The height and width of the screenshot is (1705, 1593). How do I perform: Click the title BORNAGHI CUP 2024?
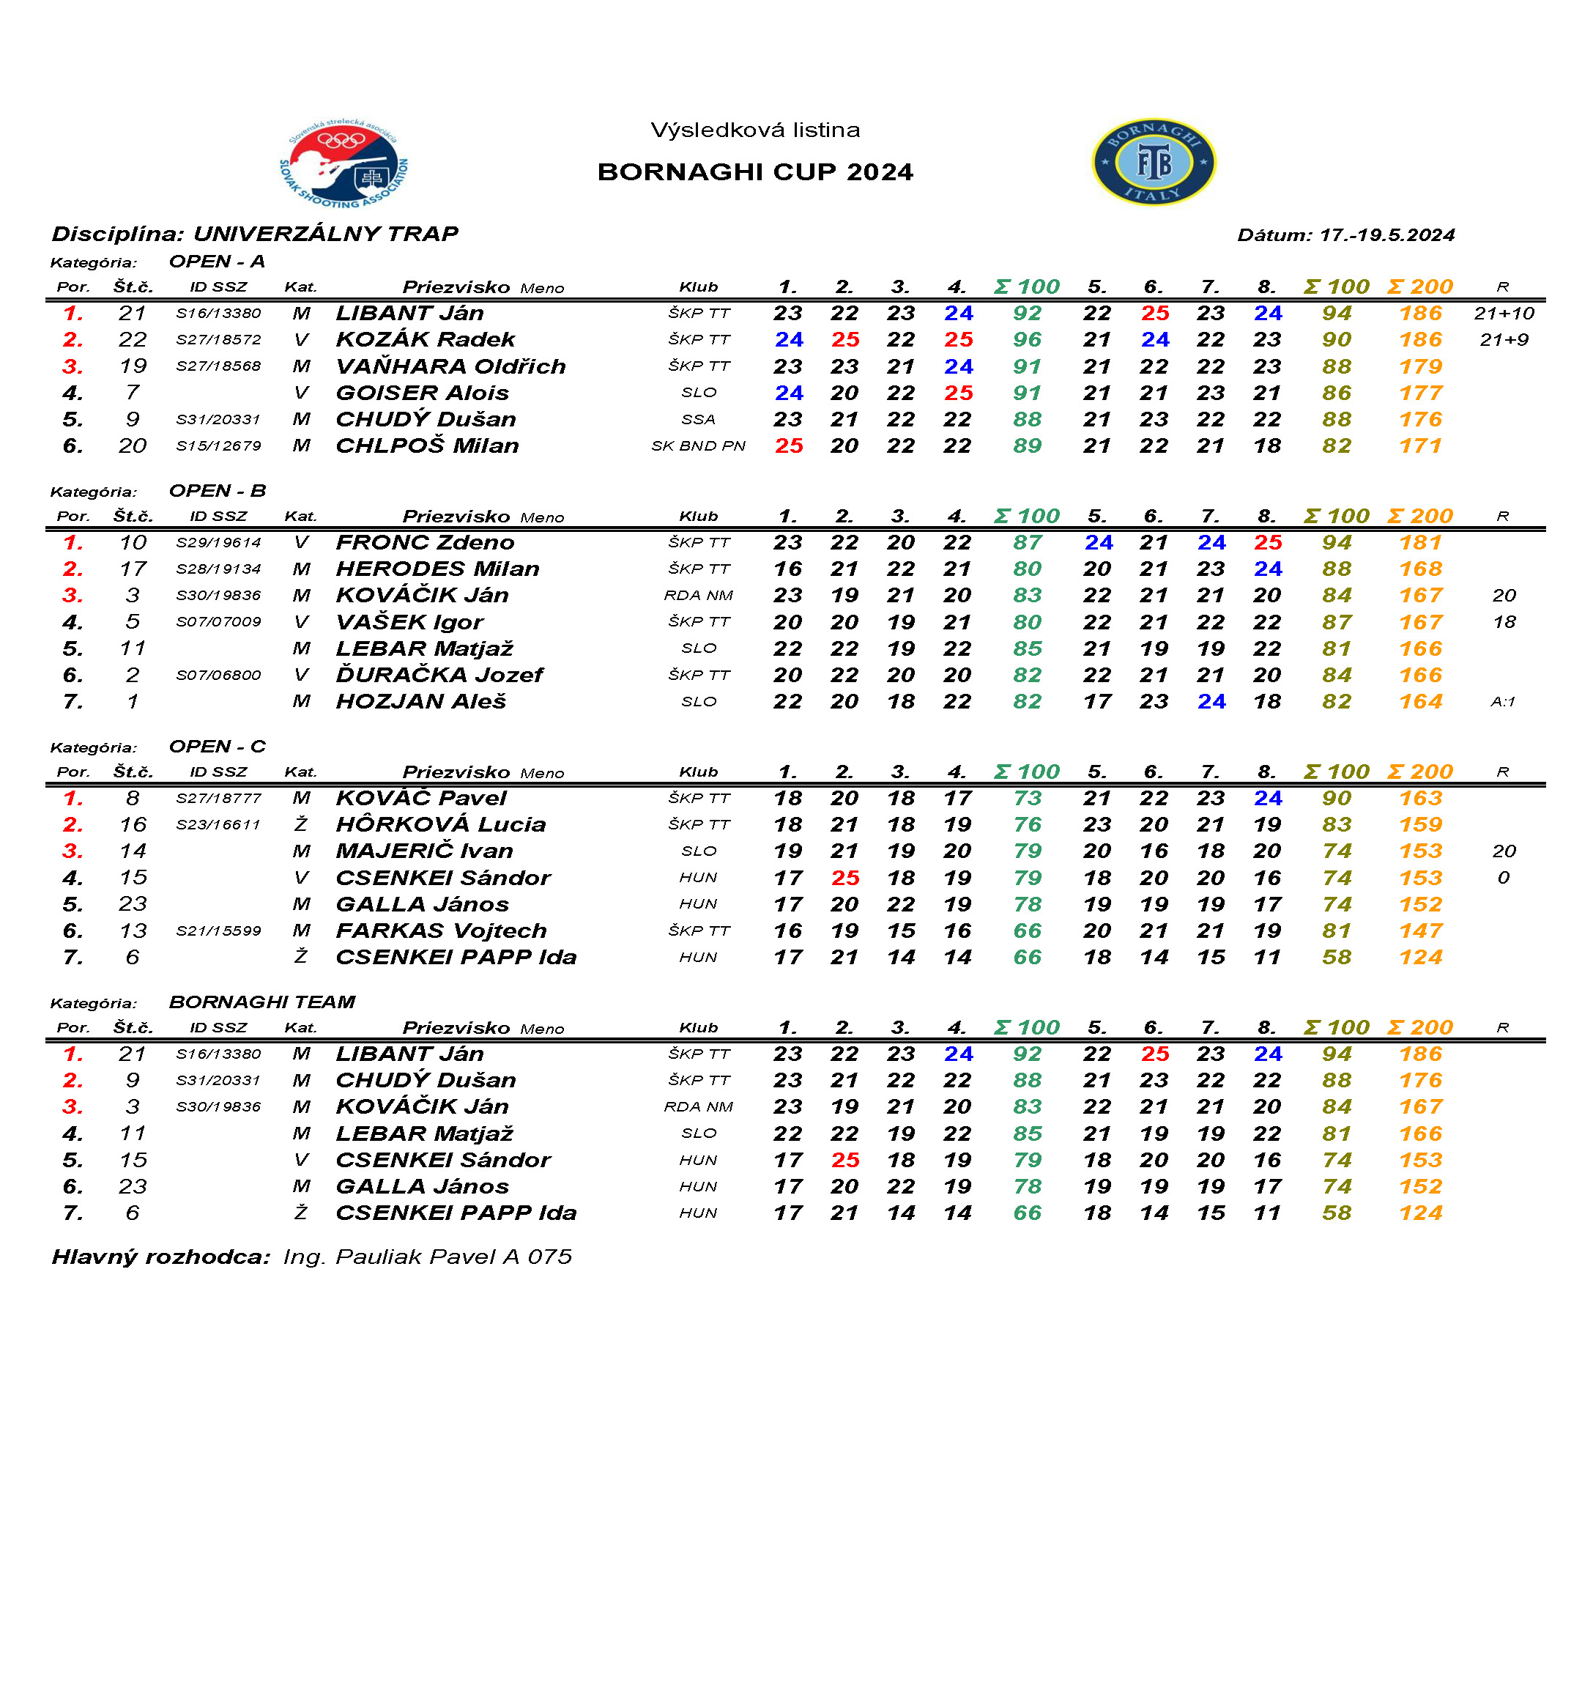(754, 171)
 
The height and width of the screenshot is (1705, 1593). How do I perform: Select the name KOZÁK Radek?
(426, 340)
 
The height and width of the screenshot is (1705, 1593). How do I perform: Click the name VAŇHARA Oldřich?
(451, 366)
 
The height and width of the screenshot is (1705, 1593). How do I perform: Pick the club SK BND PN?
(698, 446)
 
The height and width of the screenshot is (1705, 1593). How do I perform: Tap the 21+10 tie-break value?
(1504, 313)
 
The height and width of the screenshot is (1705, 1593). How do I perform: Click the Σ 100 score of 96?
(1026, 340)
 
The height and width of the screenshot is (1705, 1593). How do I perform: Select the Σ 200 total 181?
(1420, 543)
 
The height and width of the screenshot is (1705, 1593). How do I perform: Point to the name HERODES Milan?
(437, 569)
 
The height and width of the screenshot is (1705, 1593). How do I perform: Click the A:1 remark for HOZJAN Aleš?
(1502, 701)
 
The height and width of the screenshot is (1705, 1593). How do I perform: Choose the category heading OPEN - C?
(217, 746)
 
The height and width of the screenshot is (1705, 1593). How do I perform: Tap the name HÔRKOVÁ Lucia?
(441, 824)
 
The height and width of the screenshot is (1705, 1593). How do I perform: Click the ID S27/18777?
(219, 799)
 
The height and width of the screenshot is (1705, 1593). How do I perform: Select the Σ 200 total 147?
(1420, 931)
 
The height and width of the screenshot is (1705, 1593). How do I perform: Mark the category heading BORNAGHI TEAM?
(261, 1002)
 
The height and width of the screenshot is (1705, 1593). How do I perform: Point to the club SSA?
(698, 419)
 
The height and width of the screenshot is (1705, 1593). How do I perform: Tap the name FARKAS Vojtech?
(441, 931)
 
